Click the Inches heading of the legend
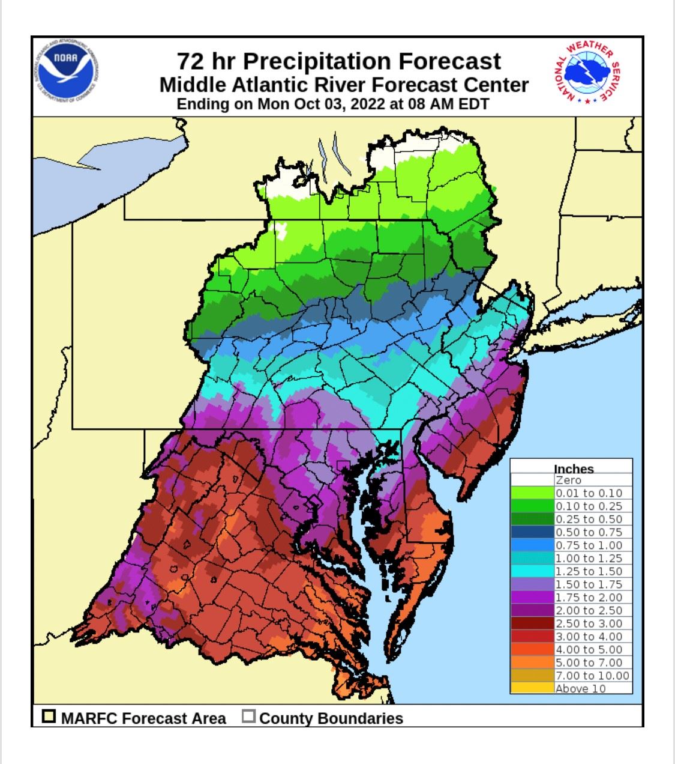click(573, 469)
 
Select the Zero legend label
click(568, 481)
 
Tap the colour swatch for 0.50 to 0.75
click(532, 532)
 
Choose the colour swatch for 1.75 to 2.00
click(532, 597)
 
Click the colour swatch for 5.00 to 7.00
click(532, 662)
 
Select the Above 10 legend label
click(580, 688)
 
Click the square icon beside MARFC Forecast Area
click(49, 717)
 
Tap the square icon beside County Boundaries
click(249, 717)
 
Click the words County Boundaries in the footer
click(331, 718)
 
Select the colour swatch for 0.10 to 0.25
click(532, 506)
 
